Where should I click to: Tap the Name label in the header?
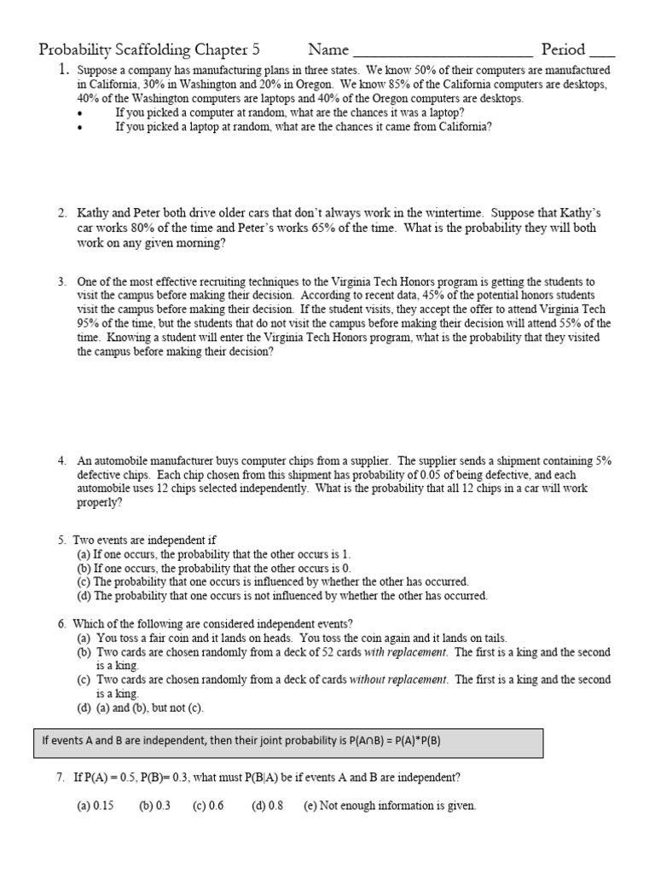point(328,49)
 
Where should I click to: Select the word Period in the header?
point(563,49)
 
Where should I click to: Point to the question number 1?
point(62,71)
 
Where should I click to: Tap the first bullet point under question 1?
point(81,113)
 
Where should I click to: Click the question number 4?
point(62,460)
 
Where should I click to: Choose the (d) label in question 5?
point(84,596)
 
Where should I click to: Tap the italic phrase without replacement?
point(398,679)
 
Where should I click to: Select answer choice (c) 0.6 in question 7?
point(208,806)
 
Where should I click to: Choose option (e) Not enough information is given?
point(390,806)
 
